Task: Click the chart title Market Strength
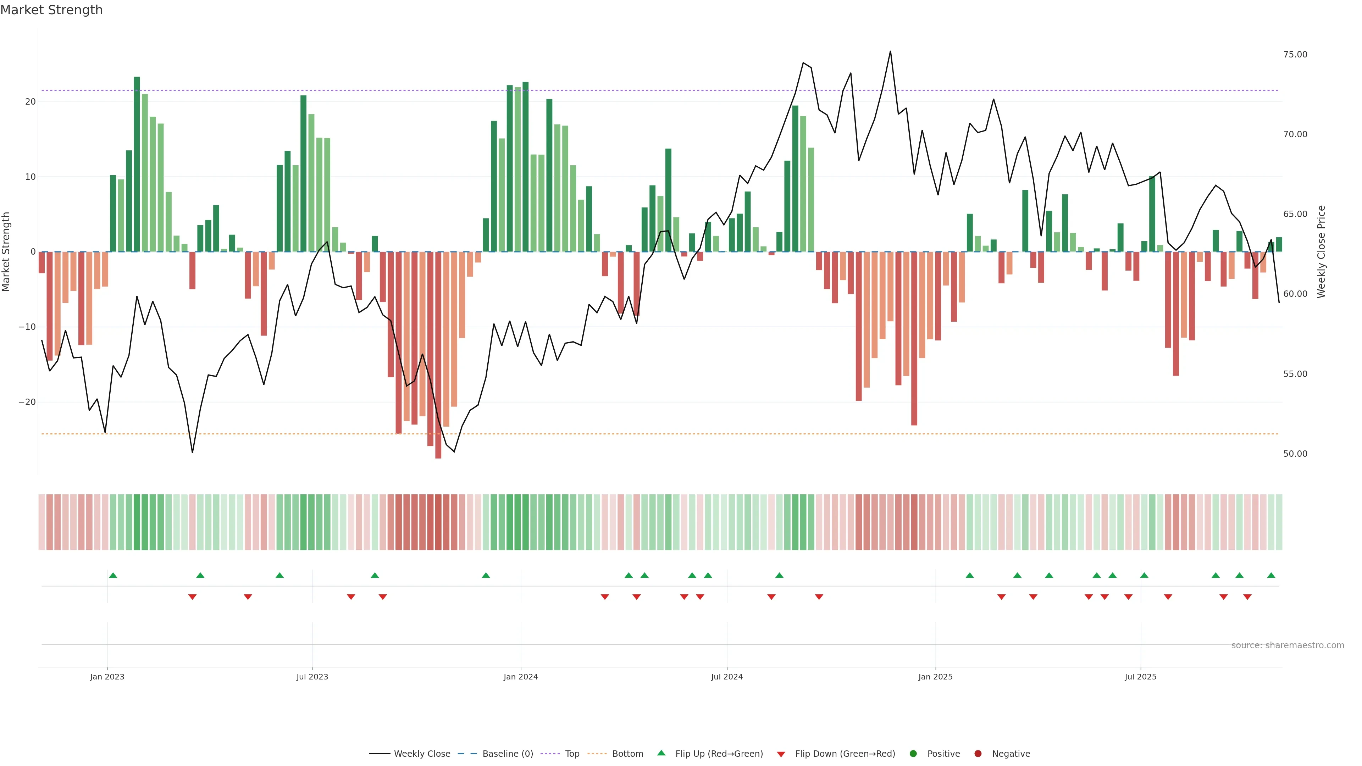[x=51, y=10]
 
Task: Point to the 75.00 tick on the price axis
[x=1295, y=55]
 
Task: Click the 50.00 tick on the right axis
[x=1295, y=454]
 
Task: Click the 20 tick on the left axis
[x=30, y=101]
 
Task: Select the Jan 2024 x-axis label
[x=520, y=677]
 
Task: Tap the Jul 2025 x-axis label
[x=1140, y=677]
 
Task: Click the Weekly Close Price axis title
[x=1321, y=252]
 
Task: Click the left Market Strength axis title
[x=6, y=252]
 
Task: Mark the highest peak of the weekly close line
[x=890, y=51]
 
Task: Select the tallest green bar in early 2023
[x=137, y=164]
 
